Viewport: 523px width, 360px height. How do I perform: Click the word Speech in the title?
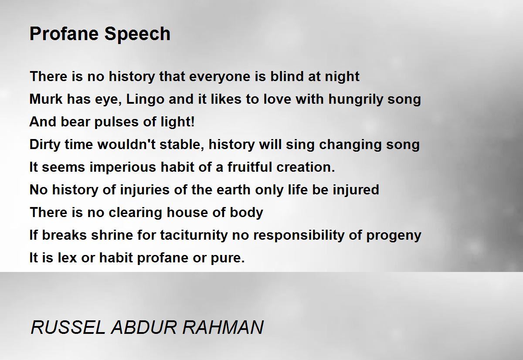pyautogui.click(x=137, y=34)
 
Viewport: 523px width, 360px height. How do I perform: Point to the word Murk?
pyautogui.click(x=46, y=99)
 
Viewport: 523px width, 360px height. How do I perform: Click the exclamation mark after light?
pyautogui.click(x=192, y=122)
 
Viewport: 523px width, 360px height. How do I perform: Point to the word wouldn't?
pyautogui.click(x=126, y=144)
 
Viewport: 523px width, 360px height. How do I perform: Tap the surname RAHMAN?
pyautogui.click(x=223, y=327)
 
